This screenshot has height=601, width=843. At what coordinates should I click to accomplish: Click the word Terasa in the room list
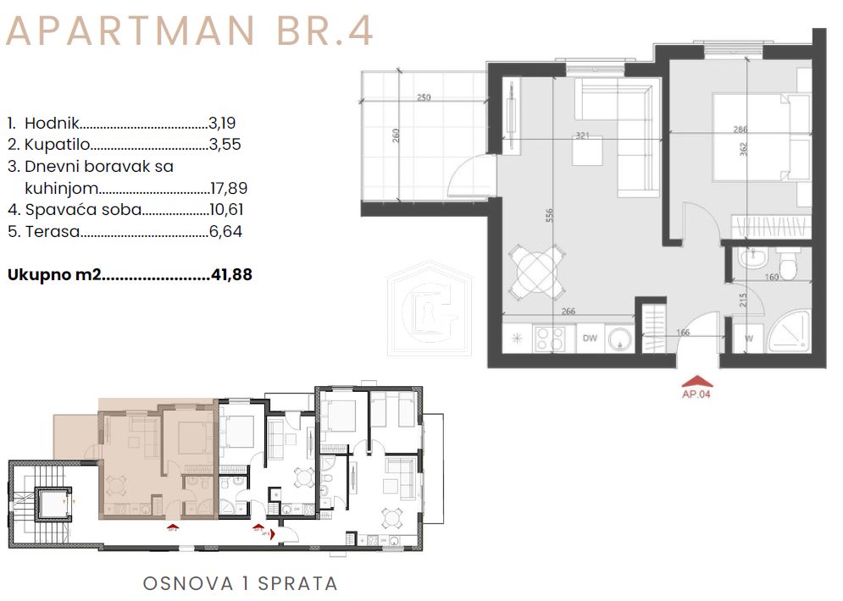(50, 231)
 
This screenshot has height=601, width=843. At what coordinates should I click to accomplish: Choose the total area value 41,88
(230, 274)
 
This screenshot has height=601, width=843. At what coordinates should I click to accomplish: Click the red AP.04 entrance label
(695, 393)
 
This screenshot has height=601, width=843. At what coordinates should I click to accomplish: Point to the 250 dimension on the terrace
(424, 97)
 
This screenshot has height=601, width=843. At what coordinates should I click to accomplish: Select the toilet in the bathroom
(790, 264)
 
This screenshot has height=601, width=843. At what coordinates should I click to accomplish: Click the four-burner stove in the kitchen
(554, 339)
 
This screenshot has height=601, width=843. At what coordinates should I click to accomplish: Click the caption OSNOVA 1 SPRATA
(240, 583)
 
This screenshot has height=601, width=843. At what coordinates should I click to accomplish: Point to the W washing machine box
(748, 339)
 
